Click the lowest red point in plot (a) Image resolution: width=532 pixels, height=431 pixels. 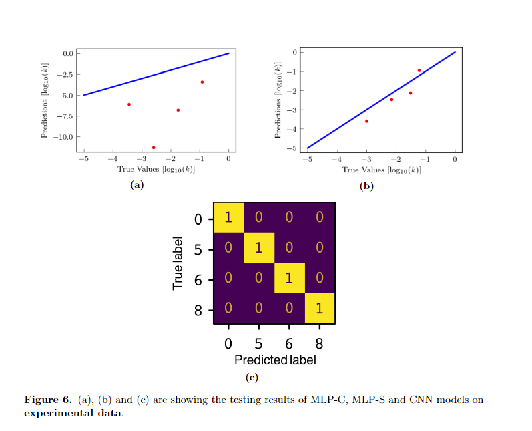point(154,148)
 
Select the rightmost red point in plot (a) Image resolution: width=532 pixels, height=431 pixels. point(202,82)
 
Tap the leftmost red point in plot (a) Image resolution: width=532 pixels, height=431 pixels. point(129,104)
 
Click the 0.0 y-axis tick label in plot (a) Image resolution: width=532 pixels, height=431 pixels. point(68,53)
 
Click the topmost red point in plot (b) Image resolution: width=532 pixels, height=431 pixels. point(419,70)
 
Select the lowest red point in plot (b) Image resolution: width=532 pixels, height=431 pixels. point(366,121)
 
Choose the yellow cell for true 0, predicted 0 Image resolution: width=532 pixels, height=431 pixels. point(228,217)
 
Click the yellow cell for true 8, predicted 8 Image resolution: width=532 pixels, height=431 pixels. point(319,309)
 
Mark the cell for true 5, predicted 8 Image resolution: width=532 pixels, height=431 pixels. point(319,248)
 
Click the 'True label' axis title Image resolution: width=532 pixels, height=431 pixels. point(178,263)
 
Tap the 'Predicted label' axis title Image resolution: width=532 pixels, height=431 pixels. point(274,360)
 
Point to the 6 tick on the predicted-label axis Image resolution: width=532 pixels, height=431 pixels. point(289,345)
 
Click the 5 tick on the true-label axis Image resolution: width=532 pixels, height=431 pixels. point(198,249)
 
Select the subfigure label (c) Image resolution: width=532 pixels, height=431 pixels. point(252,378)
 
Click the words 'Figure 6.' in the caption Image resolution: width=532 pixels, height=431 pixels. point(47,400)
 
